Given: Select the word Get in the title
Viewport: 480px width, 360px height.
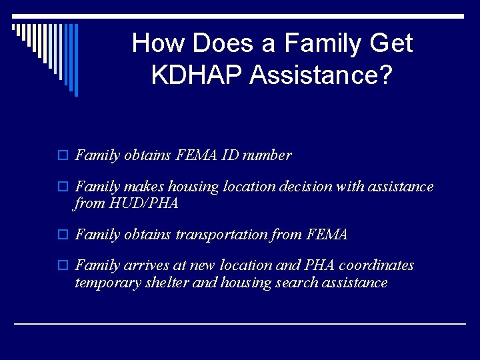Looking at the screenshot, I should tap(390, 43).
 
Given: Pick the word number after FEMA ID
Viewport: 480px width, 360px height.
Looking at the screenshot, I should tap(267, 155).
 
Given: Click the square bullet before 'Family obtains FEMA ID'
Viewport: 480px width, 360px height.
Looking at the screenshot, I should tap(64, 156).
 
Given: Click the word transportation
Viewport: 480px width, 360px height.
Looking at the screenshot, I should tap(217, 235).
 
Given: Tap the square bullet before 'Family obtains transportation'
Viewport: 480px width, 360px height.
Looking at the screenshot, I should tap(64, 235).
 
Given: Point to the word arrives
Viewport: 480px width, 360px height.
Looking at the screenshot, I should tap(145, 265).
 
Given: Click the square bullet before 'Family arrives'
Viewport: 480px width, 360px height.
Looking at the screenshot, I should tap(64, 266).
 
